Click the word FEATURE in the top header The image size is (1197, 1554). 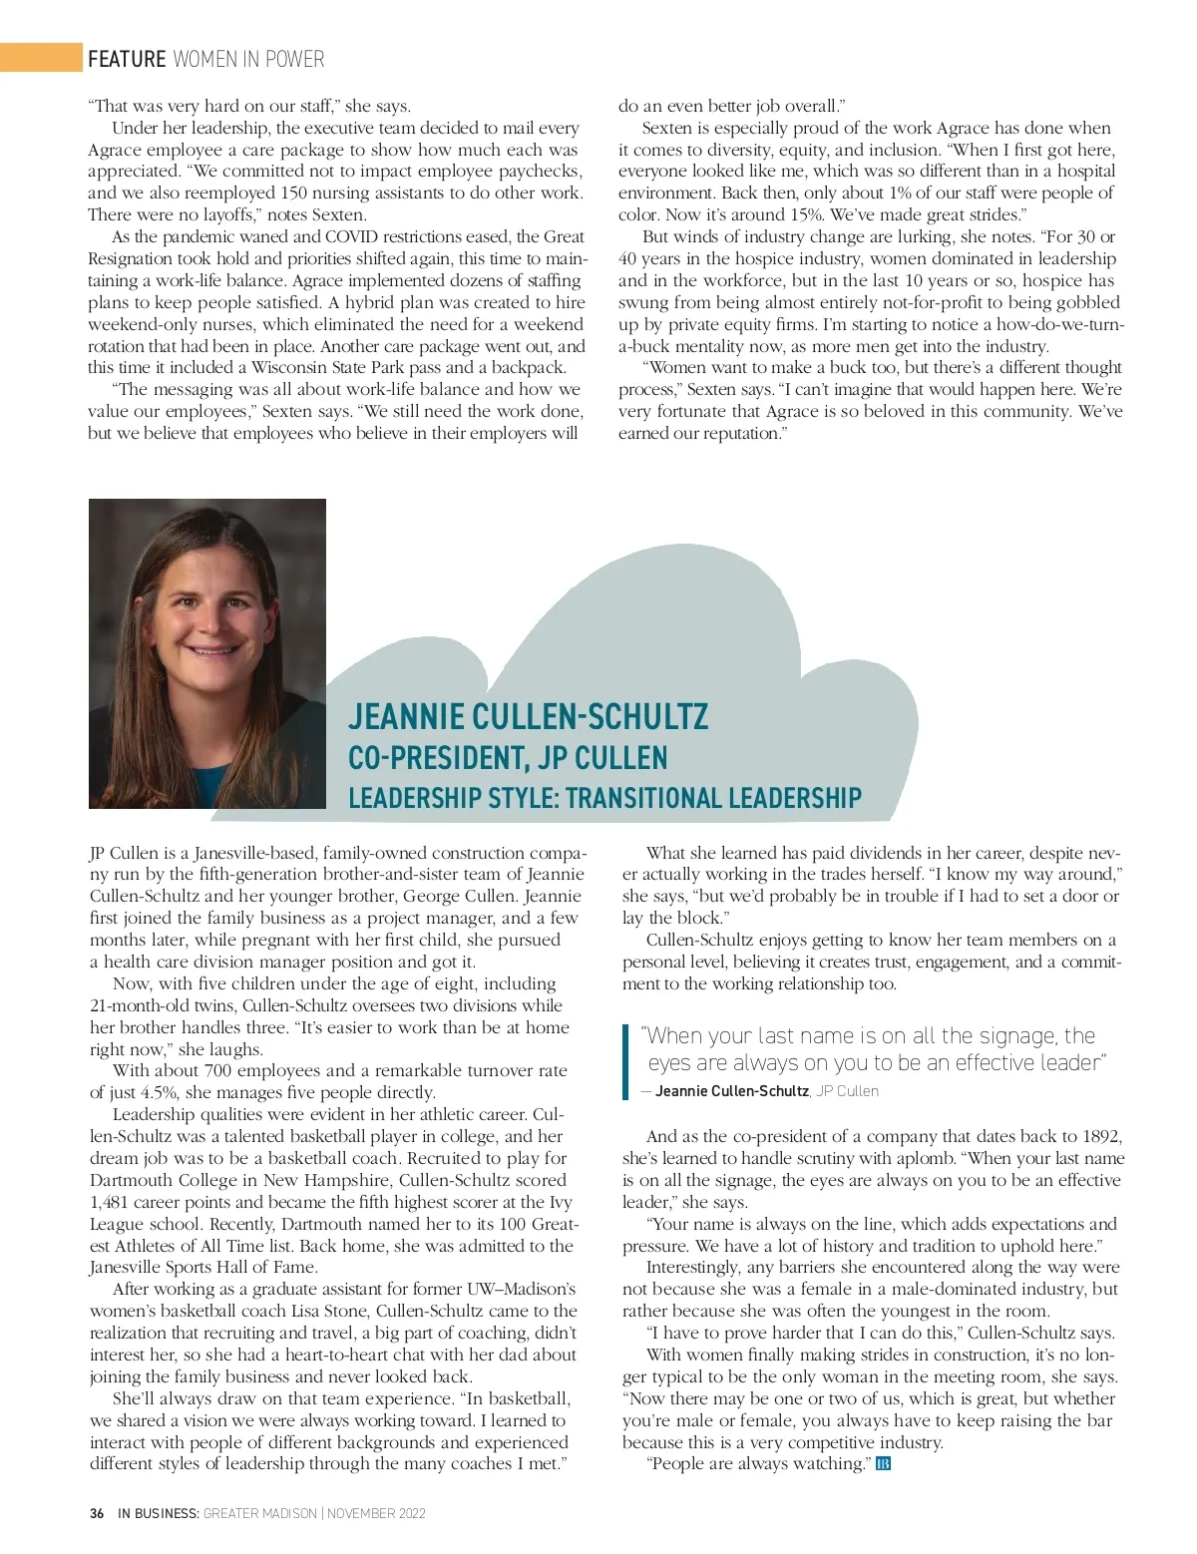pos(127,59)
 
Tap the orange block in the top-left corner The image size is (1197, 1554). pos(40,58)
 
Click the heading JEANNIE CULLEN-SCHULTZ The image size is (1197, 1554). pos(529,716)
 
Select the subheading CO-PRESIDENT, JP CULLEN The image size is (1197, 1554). pos(508,758)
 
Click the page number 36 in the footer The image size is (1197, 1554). pos(97,1513)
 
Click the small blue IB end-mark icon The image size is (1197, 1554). pos(883,1464)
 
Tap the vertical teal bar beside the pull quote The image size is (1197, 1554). pos(625,1061)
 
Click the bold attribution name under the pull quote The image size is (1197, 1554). pos(731,1091)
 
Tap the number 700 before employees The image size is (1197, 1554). pos(219,1070)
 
